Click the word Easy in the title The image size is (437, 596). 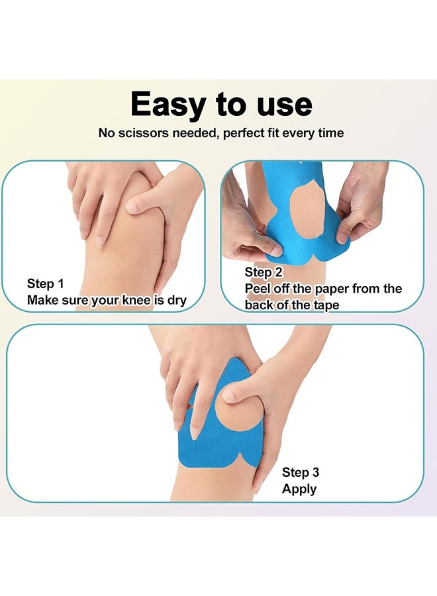click(x=168, y=105)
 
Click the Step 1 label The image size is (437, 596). click(x=45, y=283)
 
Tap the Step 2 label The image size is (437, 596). click(x=264, y=273)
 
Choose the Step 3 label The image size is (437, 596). click(x=301, y=472)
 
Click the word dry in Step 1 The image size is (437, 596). click(x=177, y=300)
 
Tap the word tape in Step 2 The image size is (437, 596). click(x=326, y=305)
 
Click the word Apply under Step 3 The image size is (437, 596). click(x=299, y=489)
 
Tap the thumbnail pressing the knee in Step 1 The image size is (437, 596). click(x=132, y=207)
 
